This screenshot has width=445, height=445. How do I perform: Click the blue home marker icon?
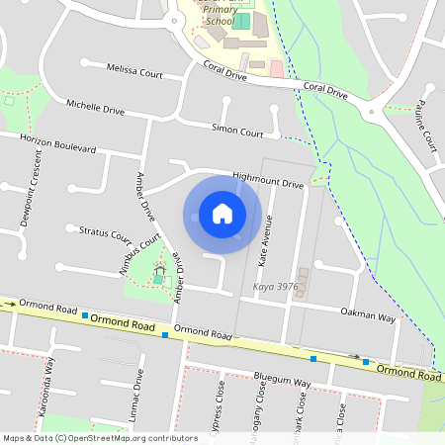click(x=222, y=213)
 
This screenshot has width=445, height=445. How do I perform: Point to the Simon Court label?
click(x=237, y=131)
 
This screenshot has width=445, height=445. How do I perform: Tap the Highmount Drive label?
click(x=267, y=181)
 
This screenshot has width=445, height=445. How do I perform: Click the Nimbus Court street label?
click(x=143, y=254)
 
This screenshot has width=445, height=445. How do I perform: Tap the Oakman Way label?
click(x=367, y=317)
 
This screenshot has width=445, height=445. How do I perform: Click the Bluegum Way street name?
click(x=282, y=381)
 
